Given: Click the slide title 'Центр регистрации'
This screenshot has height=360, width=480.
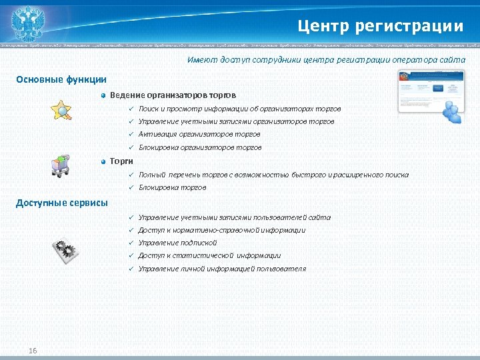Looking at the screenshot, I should [x=380, y=26].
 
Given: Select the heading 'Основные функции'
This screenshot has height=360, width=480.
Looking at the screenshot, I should [x=61, y=80].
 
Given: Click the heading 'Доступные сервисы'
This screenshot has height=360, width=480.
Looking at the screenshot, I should [x=61, y=203].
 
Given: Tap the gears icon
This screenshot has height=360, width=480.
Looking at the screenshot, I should [x=65, y=251].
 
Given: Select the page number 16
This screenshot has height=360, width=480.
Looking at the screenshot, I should [x=33, y=351].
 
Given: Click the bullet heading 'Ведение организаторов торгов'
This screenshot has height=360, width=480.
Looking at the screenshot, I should [x=173, y=95].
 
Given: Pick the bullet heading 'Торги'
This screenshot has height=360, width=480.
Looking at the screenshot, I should [x=122, y=161].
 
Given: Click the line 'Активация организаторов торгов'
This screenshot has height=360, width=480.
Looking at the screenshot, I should [x=199, y=135].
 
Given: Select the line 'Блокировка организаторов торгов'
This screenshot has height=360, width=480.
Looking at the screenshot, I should [x=199, y=147].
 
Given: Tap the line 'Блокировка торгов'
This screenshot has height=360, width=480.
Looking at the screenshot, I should [x=172, y=188].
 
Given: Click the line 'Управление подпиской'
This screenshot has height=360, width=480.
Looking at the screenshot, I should [x=177, y=243].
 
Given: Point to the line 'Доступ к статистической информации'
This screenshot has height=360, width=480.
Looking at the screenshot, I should [x=209, y=255].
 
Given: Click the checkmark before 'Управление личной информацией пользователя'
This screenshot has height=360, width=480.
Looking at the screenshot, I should [x=131, y=269].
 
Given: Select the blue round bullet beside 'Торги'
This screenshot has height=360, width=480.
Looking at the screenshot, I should [x=103, y=161].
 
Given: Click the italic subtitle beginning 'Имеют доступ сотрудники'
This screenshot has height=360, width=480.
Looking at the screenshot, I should [x=327, y=60].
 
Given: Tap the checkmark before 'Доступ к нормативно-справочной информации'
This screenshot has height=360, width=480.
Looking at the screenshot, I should [x=131, y=230].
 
